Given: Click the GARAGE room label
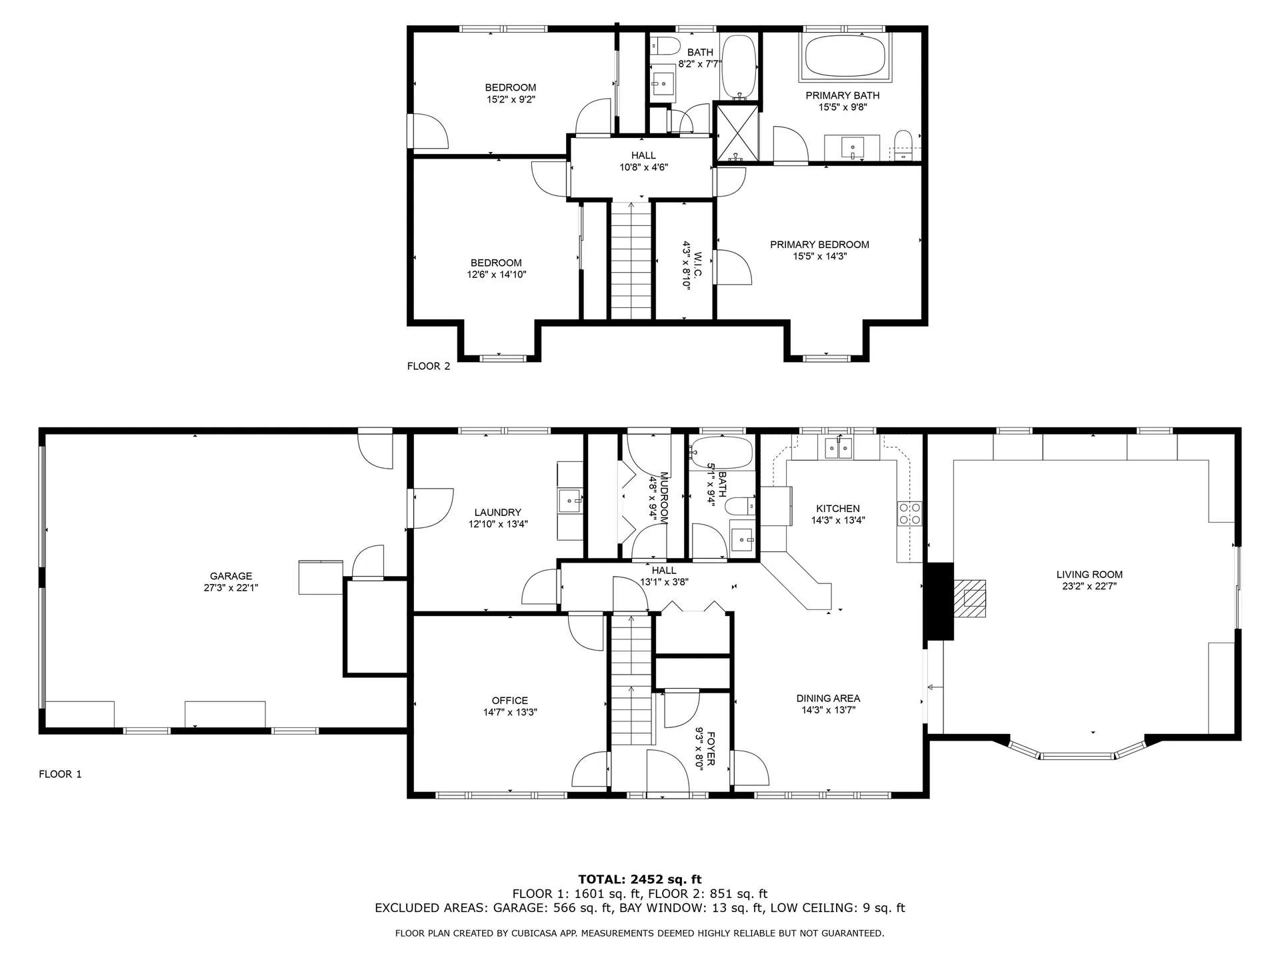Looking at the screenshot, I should pyautogui.click(x=231, y=576).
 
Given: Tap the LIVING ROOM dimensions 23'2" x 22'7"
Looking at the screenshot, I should pyautogui.click(x=1089, y=587).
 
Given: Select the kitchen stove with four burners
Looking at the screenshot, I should pyautogui.click(x=911, y=513).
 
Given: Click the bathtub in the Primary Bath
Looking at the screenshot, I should pyautogui.click(x=847, y=56).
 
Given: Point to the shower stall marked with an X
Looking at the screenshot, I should pyautogui.click(x=737, y=133).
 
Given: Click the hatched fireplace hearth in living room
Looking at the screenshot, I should pyautogui.click(x=970, y=599).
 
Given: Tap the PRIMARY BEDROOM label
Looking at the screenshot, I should pyautogui.click(x=819, y=245).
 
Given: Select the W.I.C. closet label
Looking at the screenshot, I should pyautogui.click(x=697, y=265).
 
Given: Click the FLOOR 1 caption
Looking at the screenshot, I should pyautogui.click(x=60, y=774).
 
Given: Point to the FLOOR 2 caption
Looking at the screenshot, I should pyautogui.click(x=429, y=366).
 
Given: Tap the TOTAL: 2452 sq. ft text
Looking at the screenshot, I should pyautogui.click(x=639, y=879).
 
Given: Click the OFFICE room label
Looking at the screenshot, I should pyautogui.click(x=510, y=701).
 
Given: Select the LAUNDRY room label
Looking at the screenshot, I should pyautogui.click(x=497, y=513).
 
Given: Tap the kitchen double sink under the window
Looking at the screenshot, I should pyautogui.click(x=839, y=448).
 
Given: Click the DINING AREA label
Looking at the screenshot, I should pyautogui.click(x=828, y=699).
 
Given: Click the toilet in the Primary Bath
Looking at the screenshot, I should pyautogui.click(x=903, y=145).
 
